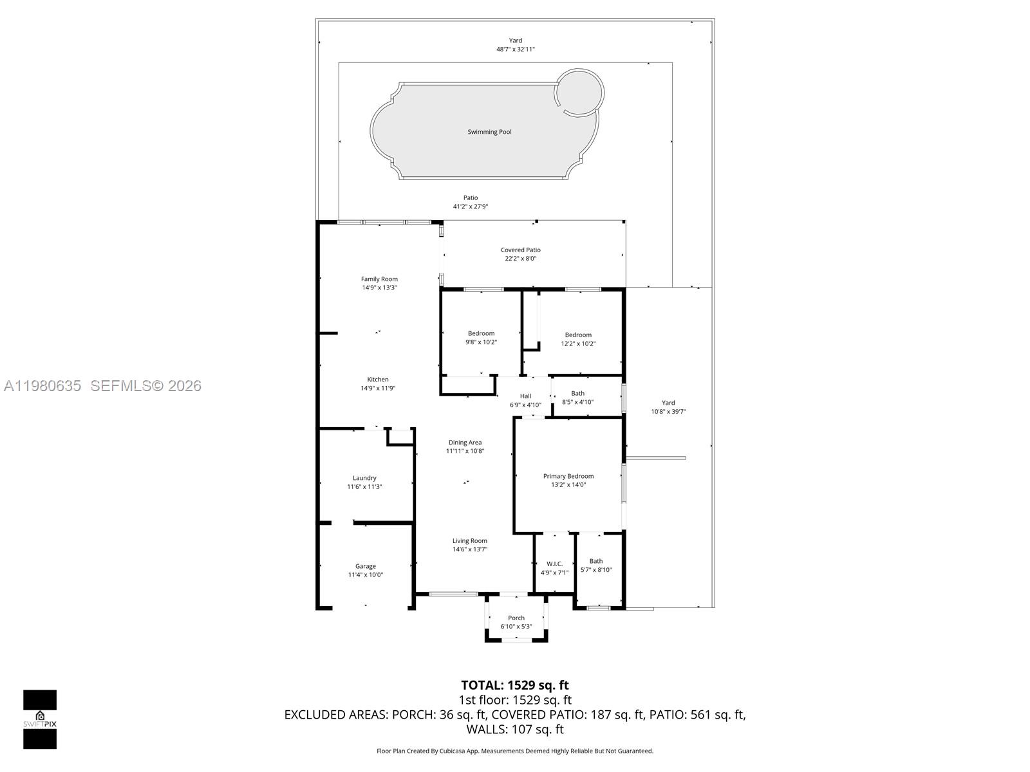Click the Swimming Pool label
[x=489, y=132]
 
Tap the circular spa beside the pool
[x=580, y=92]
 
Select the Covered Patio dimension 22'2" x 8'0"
[x=520, y=259]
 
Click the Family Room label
[x=379, y=279]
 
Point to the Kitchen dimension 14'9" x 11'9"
[x=378, y=388]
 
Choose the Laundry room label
[x=364, y=478]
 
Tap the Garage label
[x=366, y=566]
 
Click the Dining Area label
[x=465, y=443]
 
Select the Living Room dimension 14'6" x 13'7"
[x=470, y=549]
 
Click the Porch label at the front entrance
[x=516, y=618]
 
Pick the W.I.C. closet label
[x=554, y=564]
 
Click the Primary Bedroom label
[x=568, y=476]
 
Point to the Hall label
[x=525, y=396]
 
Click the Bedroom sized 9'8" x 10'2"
[x=481, y=338]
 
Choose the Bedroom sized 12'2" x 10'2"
[x=578, y=339]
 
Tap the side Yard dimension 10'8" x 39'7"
[x=668, y=412]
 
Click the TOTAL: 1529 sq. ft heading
[x=515, y=685]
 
